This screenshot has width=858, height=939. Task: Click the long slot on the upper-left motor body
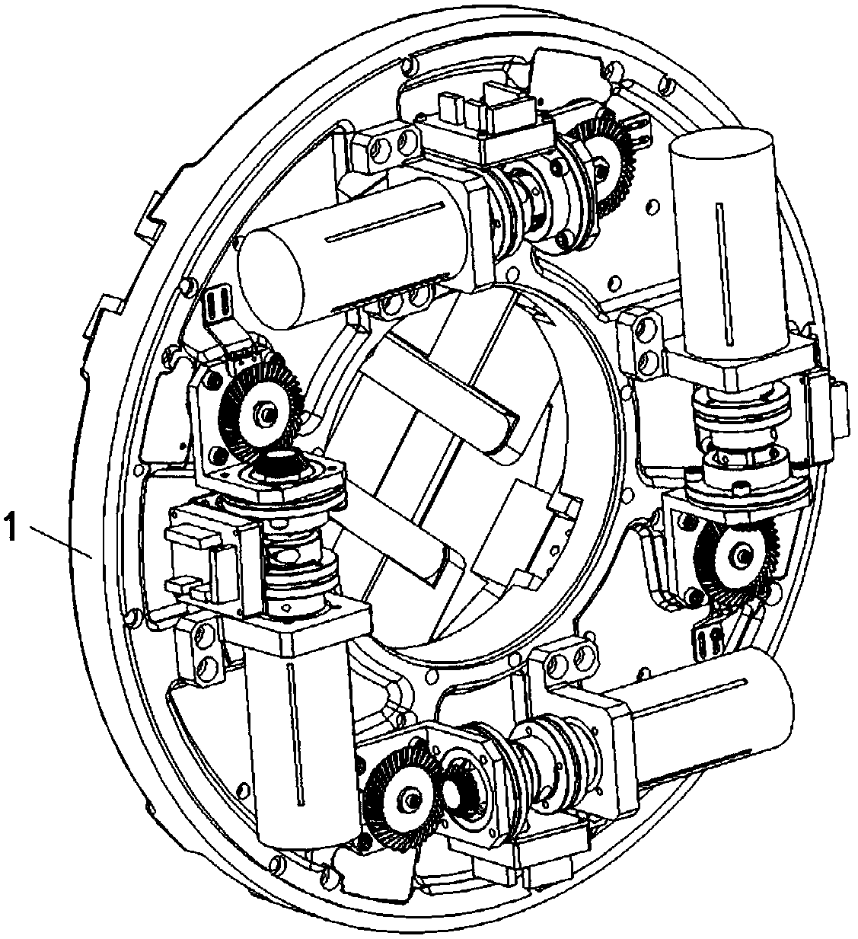pyautogui.click(x=384, y=222)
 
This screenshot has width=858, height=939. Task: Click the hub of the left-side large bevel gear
pyautogui.click(x=267, y=414)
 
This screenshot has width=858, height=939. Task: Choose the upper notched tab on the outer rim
pyautogui.click(x=150, y=216)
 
